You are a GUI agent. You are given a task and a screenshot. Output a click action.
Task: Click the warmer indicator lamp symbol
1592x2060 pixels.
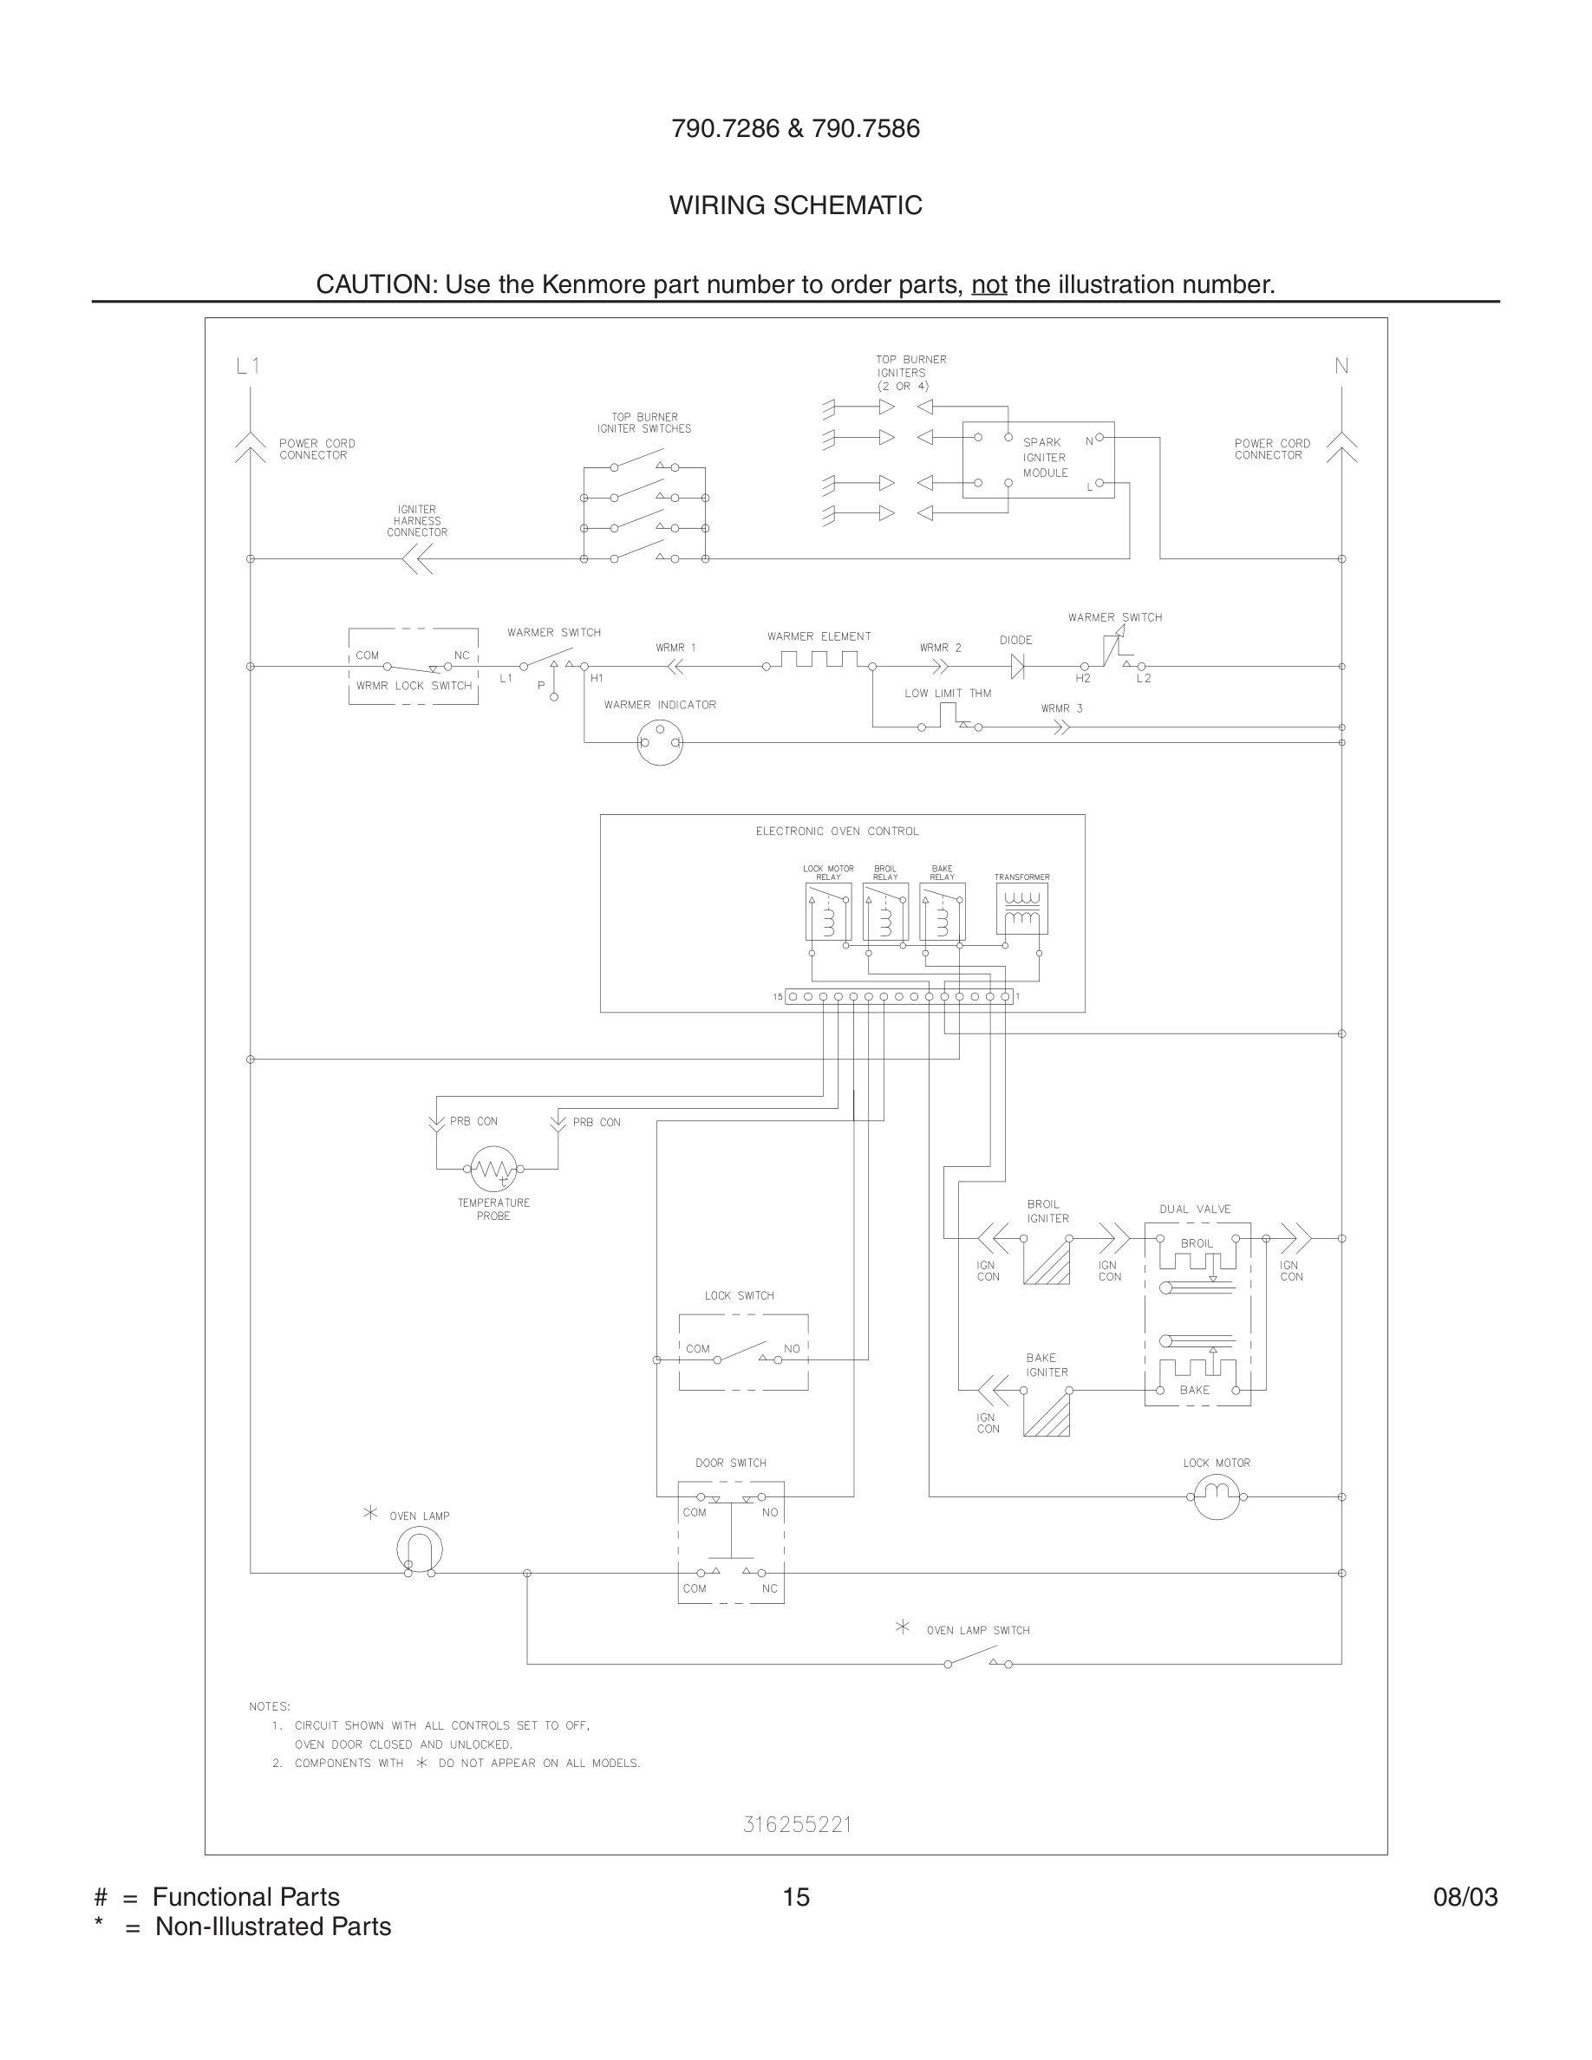pos(659,742)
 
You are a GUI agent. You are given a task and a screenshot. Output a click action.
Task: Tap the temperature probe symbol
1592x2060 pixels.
pos(493,1169)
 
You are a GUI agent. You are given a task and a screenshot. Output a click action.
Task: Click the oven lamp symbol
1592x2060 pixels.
pos(420,1548)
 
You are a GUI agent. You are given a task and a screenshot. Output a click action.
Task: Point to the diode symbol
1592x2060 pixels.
pos(1017,667)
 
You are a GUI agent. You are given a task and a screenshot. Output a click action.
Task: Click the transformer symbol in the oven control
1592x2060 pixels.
pos(1021,909)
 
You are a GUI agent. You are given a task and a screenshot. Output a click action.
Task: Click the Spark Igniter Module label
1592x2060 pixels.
pos(1045,458)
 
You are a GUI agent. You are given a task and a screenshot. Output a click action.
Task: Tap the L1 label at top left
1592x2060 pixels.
pos(247,366)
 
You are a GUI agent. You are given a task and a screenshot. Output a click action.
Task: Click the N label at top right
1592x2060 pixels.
pos(1341,366)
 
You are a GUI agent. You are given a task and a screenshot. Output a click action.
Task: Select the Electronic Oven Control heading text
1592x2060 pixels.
pos(837,831)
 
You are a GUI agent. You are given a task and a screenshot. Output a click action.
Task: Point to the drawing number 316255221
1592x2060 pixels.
pos(797,1824)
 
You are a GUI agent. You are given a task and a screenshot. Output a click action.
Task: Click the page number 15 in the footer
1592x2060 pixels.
pos(796,1897)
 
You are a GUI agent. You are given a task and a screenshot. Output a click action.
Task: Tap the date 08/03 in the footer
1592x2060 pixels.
pos(1465,1897)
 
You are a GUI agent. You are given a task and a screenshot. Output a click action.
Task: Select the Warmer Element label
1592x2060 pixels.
pos(819,636)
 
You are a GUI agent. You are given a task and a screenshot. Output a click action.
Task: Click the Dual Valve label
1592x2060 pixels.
pos(1195,1209)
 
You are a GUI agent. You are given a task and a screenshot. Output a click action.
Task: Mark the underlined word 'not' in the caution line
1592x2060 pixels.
pos(989,284)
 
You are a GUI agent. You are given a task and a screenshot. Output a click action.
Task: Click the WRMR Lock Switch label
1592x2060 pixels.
pos(413,686)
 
